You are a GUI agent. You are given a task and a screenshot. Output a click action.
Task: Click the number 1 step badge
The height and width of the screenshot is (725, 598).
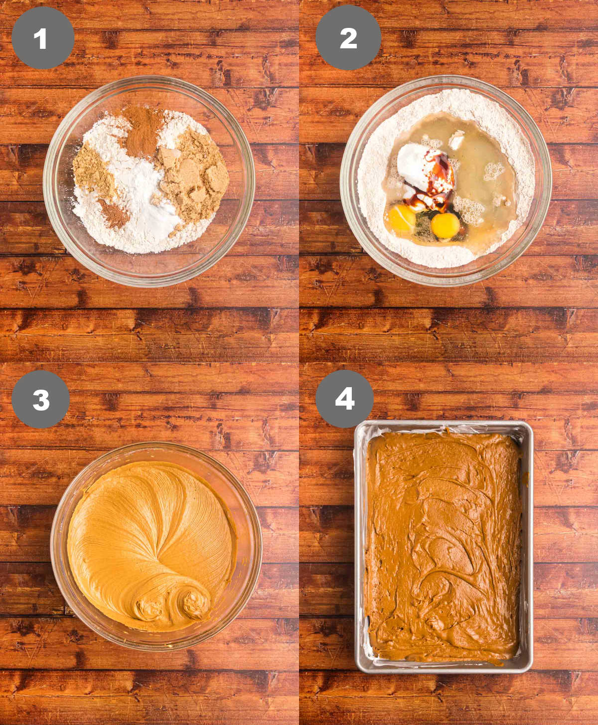click(x=42, y=38)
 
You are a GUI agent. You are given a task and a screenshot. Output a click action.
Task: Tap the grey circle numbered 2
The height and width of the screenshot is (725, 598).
click(x=348, y=38)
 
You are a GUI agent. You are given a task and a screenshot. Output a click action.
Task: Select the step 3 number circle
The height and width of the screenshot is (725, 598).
click(x=40, y=399)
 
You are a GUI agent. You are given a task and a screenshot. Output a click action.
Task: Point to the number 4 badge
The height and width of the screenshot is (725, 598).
click(x=345, y=399)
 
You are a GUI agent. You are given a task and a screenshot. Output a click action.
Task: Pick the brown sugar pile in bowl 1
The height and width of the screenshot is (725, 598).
click(x=192, y=177)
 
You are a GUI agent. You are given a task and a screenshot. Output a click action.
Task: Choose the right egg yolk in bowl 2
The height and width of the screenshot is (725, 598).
click(x=445, y=225)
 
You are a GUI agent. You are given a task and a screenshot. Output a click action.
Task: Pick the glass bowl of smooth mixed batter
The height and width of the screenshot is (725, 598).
click(x=156, y=546)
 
